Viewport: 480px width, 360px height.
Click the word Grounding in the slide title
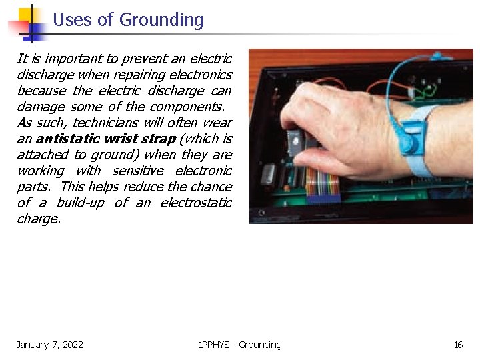161,20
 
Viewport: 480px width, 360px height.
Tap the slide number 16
458,345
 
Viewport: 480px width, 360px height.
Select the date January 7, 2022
50,345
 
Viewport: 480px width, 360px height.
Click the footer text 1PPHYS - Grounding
240,345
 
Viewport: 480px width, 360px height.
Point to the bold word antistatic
68,139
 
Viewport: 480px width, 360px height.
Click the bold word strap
159,139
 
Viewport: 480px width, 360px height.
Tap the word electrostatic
197,203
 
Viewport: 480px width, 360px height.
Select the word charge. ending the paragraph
38,219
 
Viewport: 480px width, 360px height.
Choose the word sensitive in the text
137,171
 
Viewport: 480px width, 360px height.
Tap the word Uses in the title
73,20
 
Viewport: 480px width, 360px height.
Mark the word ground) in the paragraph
114,155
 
